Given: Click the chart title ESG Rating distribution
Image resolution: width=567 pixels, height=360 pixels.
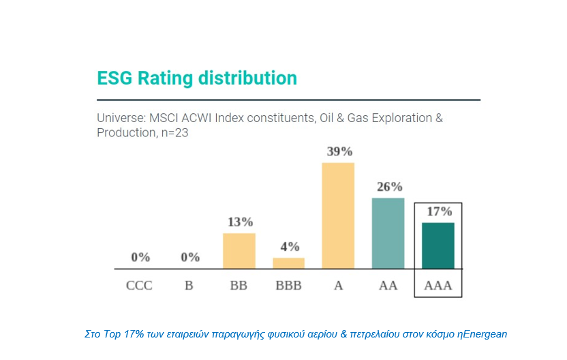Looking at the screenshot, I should point(197,78).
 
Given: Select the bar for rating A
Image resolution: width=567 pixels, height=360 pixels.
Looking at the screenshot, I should point(338,215).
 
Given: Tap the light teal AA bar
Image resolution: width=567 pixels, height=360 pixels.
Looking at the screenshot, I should point(388,233).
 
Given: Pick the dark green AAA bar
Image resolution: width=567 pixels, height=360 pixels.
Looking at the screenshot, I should point(438,245).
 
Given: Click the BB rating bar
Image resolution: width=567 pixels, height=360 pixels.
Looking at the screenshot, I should point(239,251).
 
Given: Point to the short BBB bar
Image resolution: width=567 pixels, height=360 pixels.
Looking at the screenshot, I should point(289,262).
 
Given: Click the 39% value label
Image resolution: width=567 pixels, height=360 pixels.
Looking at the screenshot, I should point(339,151).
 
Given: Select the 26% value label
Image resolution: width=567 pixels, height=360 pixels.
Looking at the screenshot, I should point(388,187).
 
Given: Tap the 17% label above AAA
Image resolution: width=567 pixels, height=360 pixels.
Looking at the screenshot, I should point(439,211).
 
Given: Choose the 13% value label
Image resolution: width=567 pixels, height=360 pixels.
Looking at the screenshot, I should point(239,222).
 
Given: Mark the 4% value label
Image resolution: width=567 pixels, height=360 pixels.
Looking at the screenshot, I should point(289,247).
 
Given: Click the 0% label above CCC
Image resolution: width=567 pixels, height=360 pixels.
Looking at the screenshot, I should point(140,257).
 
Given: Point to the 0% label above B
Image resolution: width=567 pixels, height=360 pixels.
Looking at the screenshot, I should point(190,257).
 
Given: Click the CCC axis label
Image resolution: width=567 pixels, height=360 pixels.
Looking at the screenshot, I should point(140,285).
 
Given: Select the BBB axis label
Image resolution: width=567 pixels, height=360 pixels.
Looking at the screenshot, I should point(289,285).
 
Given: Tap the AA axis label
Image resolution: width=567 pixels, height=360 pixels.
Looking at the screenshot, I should point(388,285).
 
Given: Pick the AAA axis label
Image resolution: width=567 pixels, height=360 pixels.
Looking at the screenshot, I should point(438,285).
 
